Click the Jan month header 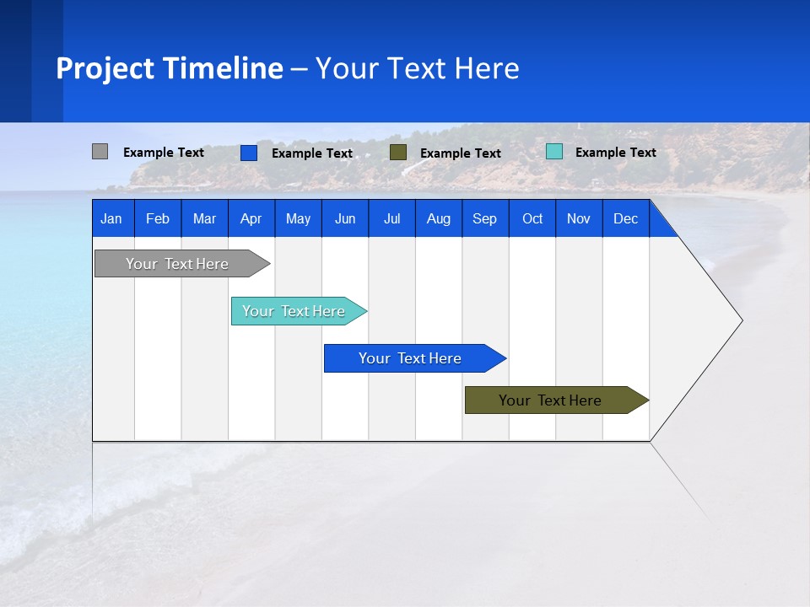pos(111,218)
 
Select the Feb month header pos(158,218)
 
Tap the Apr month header pos(251,218)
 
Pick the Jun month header pos(345,218)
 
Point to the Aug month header pos(438,218)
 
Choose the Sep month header pos(484,218)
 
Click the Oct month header pos(532,218)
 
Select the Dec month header pos(625,218)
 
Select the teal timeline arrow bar pos(295,311)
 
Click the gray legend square pos(100,152)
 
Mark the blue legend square pos(248,153)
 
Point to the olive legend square pos(398,153)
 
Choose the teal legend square pos(553,152)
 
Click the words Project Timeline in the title pos(170,68)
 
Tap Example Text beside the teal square pos(615,153)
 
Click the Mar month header pos(204,218)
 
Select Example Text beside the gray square pos(163,153)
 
